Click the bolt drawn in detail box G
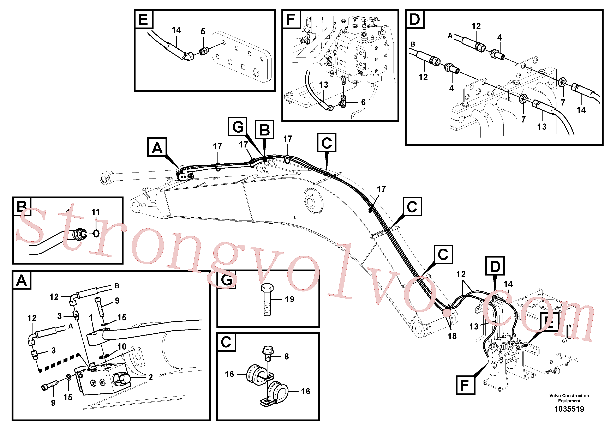click(267, 300)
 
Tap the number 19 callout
click(289, 299)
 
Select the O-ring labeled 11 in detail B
click(96, 233)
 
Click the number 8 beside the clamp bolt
click(287, 356)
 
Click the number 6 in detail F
click(363, 102)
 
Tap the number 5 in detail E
click(203, 31)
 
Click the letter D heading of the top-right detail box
click(415, 19)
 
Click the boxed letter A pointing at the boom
click(157, 147)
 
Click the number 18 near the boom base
click(452, 336)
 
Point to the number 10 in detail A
click(122, 346)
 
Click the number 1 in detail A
click(91, 318)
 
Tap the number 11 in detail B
click(96, 212)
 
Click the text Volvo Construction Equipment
click(569, 398)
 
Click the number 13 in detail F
click(324, 85)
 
